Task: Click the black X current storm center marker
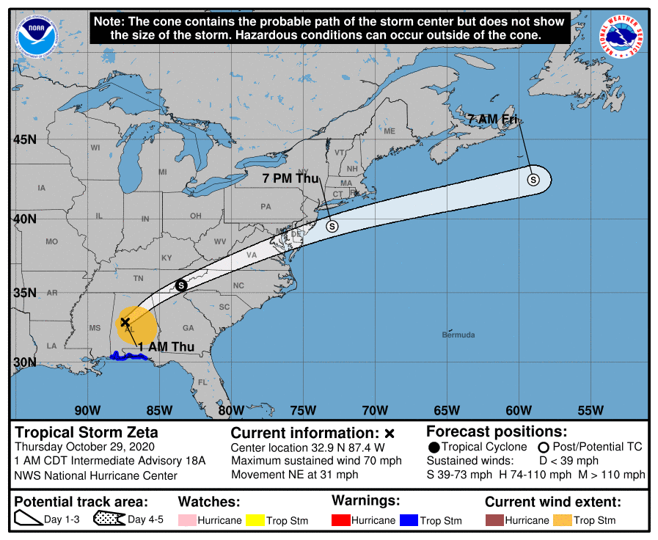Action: (125, 322)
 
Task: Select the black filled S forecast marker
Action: (181, 285)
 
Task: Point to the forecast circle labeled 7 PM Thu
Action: (332, 226)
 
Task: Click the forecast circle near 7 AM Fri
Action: (533, 179)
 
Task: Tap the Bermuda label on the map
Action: (458, 335)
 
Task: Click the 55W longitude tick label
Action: (591, 410)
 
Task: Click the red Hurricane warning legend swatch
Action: (341, 520)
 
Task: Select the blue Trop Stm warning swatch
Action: (408, 520)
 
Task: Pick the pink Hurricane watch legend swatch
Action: (188, 520)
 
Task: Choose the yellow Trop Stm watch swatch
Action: (255, 520)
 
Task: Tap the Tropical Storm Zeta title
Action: (87, 432)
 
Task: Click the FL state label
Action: (202, 382)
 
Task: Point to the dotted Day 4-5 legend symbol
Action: (109, 520)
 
